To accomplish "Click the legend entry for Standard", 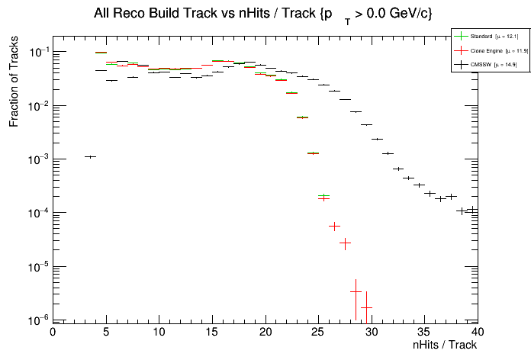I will click(x=480, y=36).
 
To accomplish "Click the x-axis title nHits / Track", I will click(x=445, y=345).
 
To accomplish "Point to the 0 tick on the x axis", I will click(x=53, y=332).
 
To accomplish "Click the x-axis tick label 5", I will click(x=106, y=332).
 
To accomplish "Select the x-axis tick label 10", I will click(x=159, y=332).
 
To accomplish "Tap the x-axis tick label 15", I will click(x=212, y=332).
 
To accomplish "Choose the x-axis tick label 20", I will click(x=265, y=332).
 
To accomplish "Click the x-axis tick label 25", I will click(x=318, y=332).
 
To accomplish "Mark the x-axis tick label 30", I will click(x=372, y=332).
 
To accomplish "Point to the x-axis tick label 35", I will click(x=425, y=332).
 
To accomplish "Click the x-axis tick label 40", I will click(x=478, y=332).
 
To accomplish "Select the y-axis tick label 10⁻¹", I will click(x=37, y=52).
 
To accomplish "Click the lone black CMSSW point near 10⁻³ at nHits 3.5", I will click(x=90, y=156).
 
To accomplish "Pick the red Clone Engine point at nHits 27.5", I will click(x=345, y=243).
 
